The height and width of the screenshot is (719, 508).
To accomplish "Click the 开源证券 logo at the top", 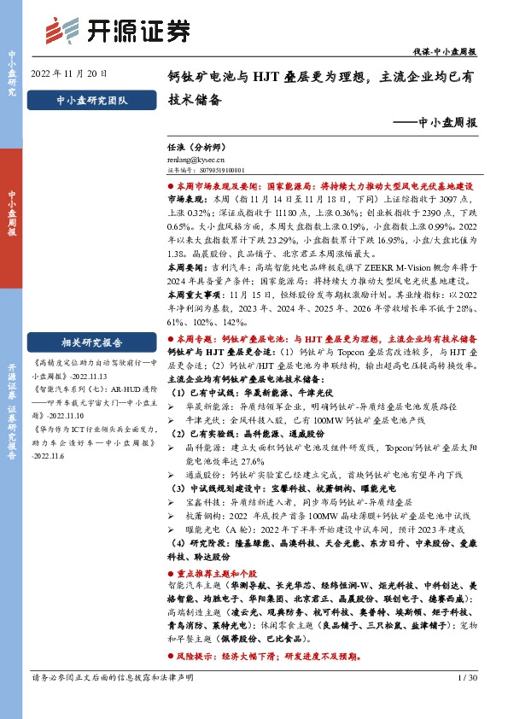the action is point(118,31).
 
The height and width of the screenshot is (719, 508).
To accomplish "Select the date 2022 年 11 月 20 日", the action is point(71,72).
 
